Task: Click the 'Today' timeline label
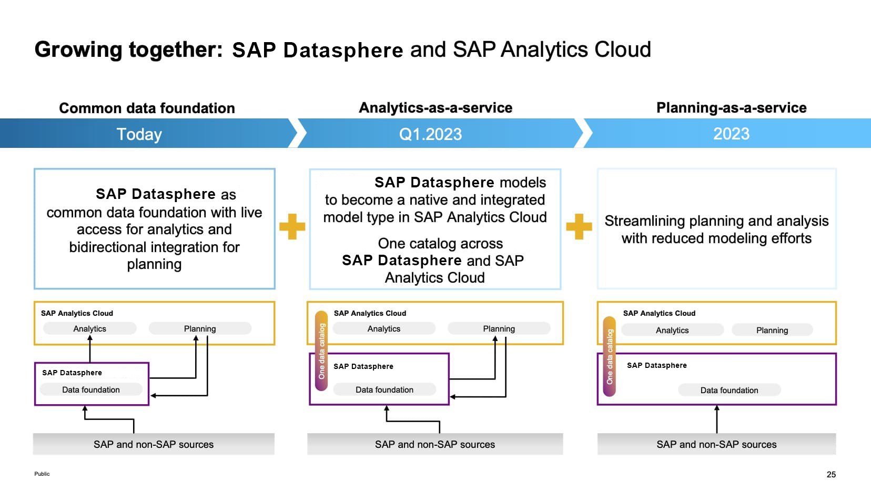point(139,134)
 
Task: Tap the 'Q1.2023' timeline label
point(430,134)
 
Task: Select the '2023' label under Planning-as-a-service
point(731,134)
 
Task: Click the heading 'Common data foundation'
point(147,108)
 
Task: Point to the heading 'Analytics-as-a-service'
point(435,107)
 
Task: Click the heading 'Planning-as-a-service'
point(731,107)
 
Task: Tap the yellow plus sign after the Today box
point(292,226)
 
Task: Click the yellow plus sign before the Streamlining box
point(579,226)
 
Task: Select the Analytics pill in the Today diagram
point(90,328)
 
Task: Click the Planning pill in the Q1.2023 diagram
point(499,328)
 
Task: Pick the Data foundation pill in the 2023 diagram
point(729,390)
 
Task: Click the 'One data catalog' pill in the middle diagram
point(321,351)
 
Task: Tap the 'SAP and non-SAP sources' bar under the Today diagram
point(154,444)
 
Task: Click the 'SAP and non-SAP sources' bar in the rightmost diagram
point(716,444)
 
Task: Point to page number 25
point(831,474)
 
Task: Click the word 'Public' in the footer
point(42,474)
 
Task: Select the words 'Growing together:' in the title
point(129,49)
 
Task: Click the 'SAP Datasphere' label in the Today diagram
point(72,373)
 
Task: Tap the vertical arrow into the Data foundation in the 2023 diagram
point(716,419)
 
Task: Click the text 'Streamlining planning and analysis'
point(716,221)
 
